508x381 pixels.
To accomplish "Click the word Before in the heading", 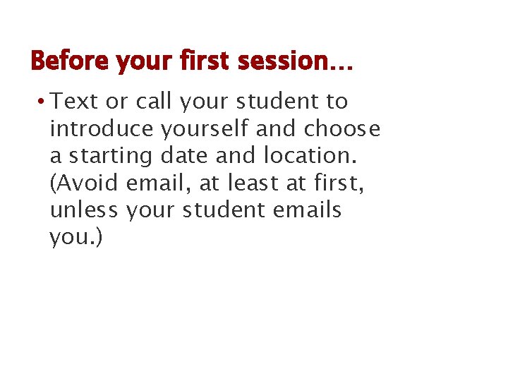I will pos(70,61).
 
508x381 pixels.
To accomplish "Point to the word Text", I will pos(75,102).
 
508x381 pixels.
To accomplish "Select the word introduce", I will pos(102,129).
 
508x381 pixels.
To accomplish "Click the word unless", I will pos(85,210).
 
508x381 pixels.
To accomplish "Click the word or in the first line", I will pos(115,102).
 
